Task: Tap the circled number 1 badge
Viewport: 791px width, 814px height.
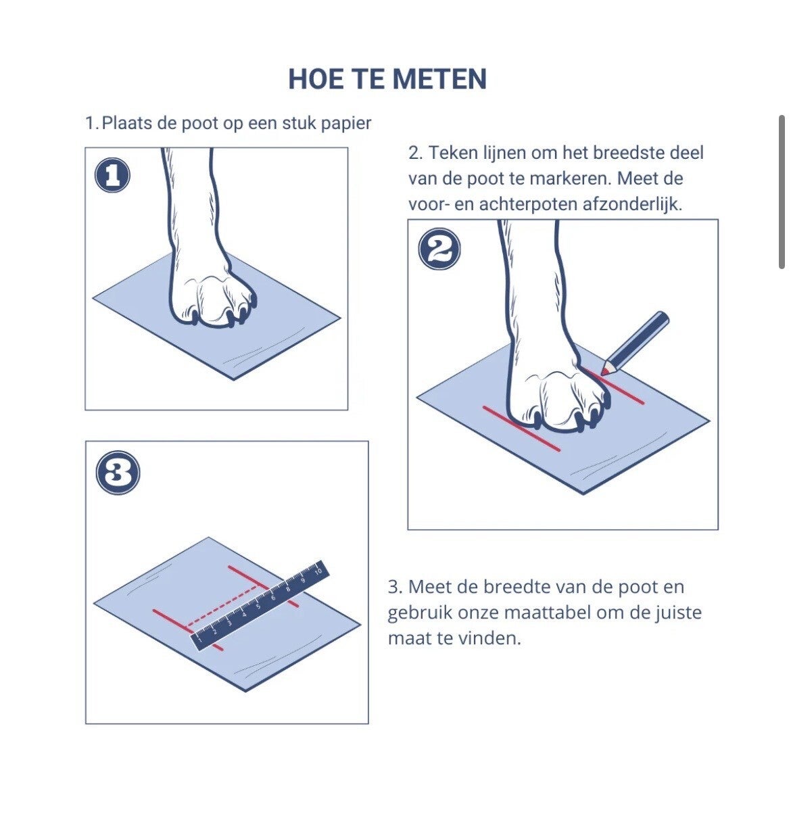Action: [x=112, y=175]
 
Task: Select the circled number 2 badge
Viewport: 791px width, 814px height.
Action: [x=439, y=249]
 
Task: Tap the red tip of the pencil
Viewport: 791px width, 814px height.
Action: [x=604, y=370]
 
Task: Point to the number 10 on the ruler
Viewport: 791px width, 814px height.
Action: [x=318, y=571]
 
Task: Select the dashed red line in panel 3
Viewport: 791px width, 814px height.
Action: [x=221, y=606]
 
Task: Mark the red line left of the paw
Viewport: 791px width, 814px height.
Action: [x=521, y=429]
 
